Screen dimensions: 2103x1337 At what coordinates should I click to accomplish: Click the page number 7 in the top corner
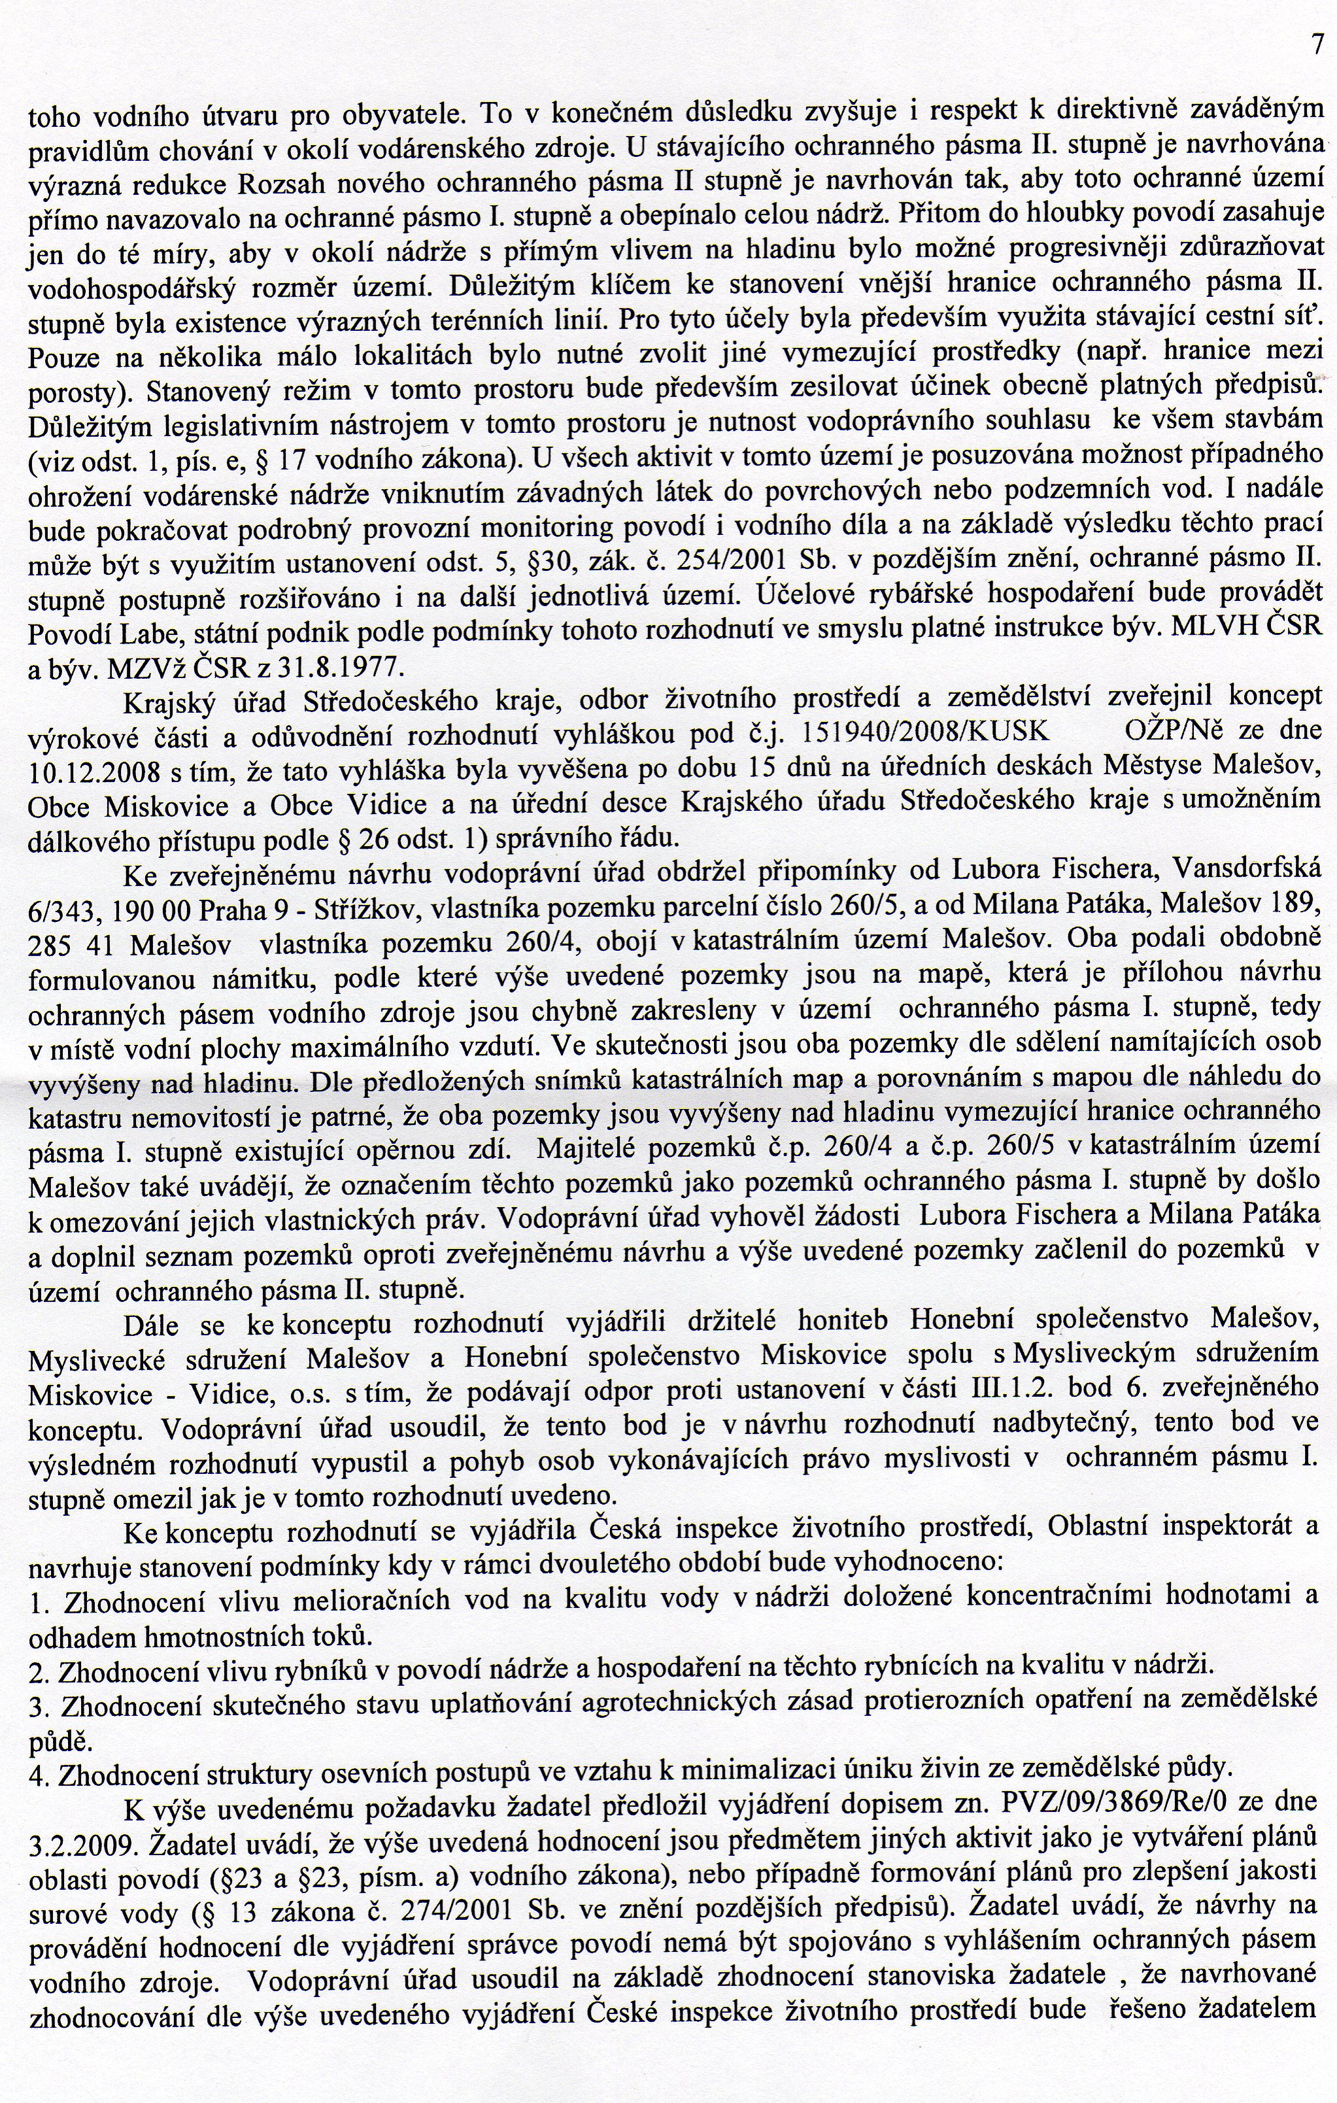point(1317,44)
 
